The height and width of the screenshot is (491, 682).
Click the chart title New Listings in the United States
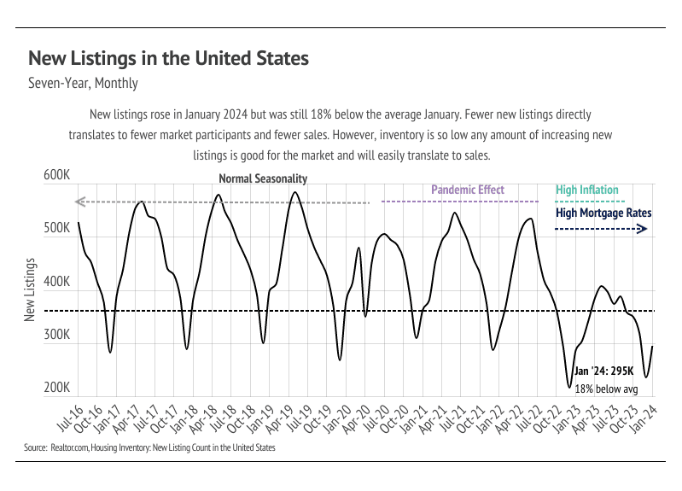[168, 59]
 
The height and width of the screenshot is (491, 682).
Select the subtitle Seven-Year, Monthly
[83, 84]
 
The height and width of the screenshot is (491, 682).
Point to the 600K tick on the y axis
[56, 176]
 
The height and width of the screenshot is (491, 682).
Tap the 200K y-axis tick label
[56, 388]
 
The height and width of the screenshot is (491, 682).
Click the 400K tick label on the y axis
[56, 282]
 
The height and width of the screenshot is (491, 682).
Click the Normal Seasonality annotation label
[263, 179]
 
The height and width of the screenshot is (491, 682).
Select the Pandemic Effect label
[468, 190]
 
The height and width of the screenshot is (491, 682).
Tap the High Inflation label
[587, 190]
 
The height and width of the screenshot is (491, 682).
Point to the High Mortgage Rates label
[603, 213]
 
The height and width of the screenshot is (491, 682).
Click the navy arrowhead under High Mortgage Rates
[643, 229]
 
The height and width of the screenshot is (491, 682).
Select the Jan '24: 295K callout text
[605, 371]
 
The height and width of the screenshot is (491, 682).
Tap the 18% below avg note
[607, 389]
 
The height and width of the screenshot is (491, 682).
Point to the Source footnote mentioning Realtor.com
[149, 447]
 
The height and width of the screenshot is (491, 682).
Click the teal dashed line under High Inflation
[586, 202]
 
